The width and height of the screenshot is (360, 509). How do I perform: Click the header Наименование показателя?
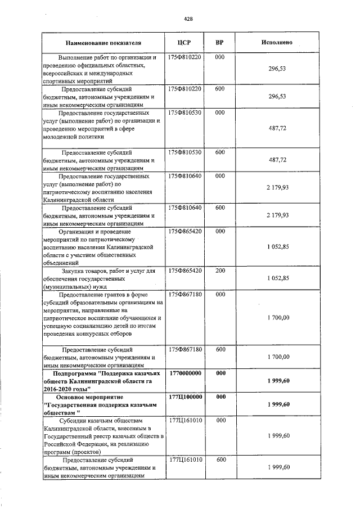pos(103,43)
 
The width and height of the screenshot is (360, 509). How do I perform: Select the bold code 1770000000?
pos(185,373)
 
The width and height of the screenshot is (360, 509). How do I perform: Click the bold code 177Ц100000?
pos(185,397)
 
